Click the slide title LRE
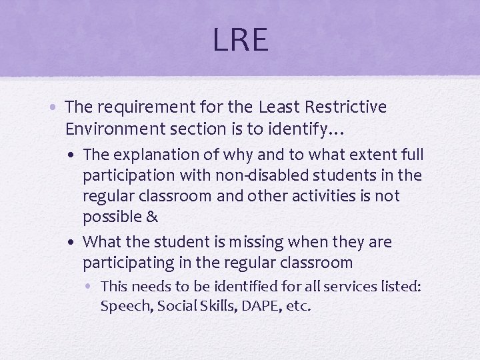tap(240, 40)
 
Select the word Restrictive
tap(347, 107)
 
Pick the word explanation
tap(150, 155)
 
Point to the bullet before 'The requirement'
tap(57, 107)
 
